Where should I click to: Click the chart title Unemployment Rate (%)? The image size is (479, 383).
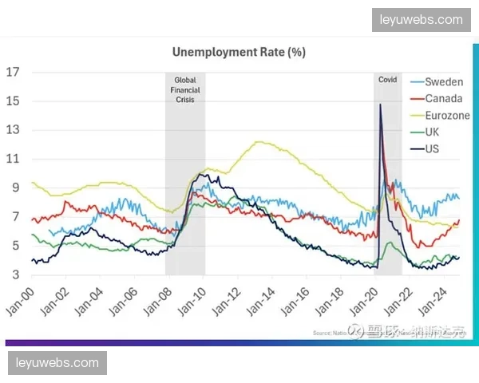click(x=239, y=53)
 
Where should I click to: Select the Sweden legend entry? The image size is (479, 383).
click(x=443, y=82)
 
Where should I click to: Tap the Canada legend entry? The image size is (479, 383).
click(x=444, y=99)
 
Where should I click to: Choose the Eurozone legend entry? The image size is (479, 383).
click(x=447, y=116)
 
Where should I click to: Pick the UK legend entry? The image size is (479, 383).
click(x=433, y=132)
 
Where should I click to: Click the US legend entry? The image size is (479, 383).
click(x=433, y=148)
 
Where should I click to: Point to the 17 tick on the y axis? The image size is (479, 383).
click(x=12, y=72)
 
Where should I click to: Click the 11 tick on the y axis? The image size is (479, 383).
click(x=12, y=159)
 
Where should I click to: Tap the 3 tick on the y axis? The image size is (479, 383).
click(x=15, y=274)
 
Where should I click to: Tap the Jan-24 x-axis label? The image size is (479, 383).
click(x=435, y=302)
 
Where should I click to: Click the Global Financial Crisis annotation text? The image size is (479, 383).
click(x=185, y=90)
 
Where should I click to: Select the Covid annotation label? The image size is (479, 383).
click(x=387, y=80)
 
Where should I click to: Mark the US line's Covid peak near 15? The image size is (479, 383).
click(x=381, y=105)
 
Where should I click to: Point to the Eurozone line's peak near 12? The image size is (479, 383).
click(x=259, y=142)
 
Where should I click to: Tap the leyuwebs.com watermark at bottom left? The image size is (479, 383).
click(x=57, y=363)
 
